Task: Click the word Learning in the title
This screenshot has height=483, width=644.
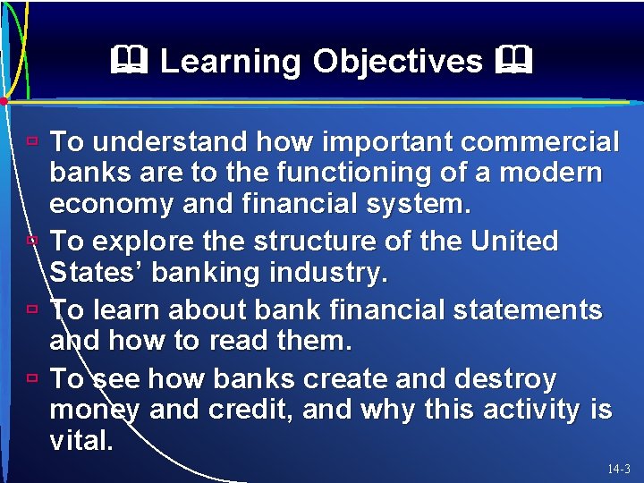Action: (230, 62)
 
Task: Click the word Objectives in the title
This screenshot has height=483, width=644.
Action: (397, 62)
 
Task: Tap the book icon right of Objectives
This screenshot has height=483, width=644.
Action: (515, 62)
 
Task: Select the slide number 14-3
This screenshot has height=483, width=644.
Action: (618, 469)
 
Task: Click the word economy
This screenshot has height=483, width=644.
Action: (112, 205)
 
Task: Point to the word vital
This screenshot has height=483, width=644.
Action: (80, 441)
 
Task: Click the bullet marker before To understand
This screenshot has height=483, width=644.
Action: (31, 141)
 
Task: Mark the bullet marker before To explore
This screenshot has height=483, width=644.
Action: (31, 241)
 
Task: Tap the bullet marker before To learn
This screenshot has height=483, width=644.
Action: (31, 309)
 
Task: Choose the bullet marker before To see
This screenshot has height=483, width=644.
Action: (31, 378)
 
